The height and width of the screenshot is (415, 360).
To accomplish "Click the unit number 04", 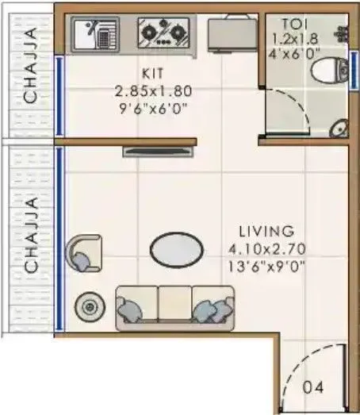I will click(x=315, y=389).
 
